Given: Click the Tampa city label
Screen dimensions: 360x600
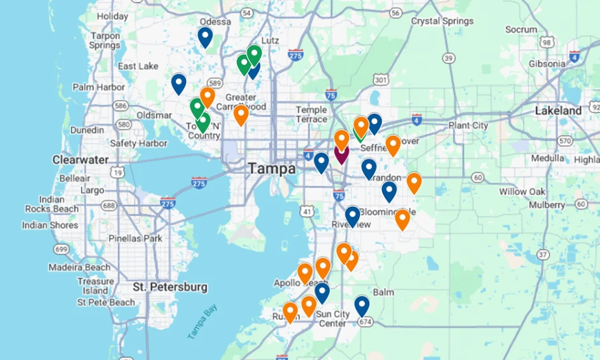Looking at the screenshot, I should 272,169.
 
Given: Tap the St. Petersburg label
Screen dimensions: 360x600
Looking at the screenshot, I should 170,287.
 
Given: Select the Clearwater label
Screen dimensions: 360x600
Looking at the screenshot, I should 80,159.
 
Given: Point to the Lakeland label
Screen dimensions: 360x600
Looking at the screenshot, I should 558,110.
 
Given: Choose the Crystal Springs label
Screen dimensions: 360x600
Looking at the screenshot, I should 443,21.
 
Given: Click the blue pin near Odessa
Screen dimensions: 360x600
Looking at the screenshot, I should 204,37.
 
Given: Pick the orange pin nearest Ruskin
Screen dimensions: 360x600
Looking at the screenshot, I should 290,312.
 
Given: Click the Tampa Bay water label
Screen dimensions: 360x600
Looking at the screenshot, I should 203,321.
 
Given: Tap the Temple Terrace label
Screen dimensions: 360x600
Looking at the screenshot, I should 311,115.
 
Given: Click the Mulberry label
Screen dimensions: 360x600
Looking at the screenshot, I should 546,205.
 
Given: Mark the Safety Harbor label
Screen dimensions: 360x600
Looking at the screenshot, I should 138,143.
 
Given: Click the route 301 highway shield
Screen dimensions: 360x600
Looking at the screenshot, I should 381,80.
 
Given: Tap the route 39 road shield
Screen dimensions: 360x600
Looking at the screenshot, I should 449,59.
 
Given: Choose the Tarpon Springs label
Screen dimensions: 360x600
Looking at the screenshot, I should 105,41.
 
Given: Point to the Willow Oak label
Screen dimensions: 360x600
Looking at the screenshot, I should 522,191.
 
